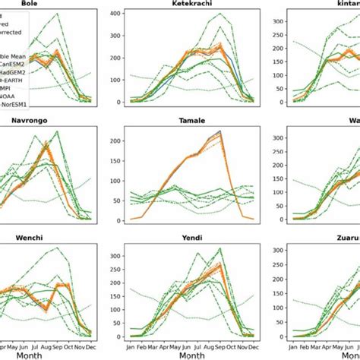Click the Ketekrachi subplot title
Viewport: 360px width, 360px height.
coord(185,4)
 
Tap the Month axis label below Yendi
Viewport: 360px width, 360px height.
coord(182,354)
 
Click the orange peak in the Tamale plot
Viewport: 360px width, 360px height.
coord(219,131)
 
